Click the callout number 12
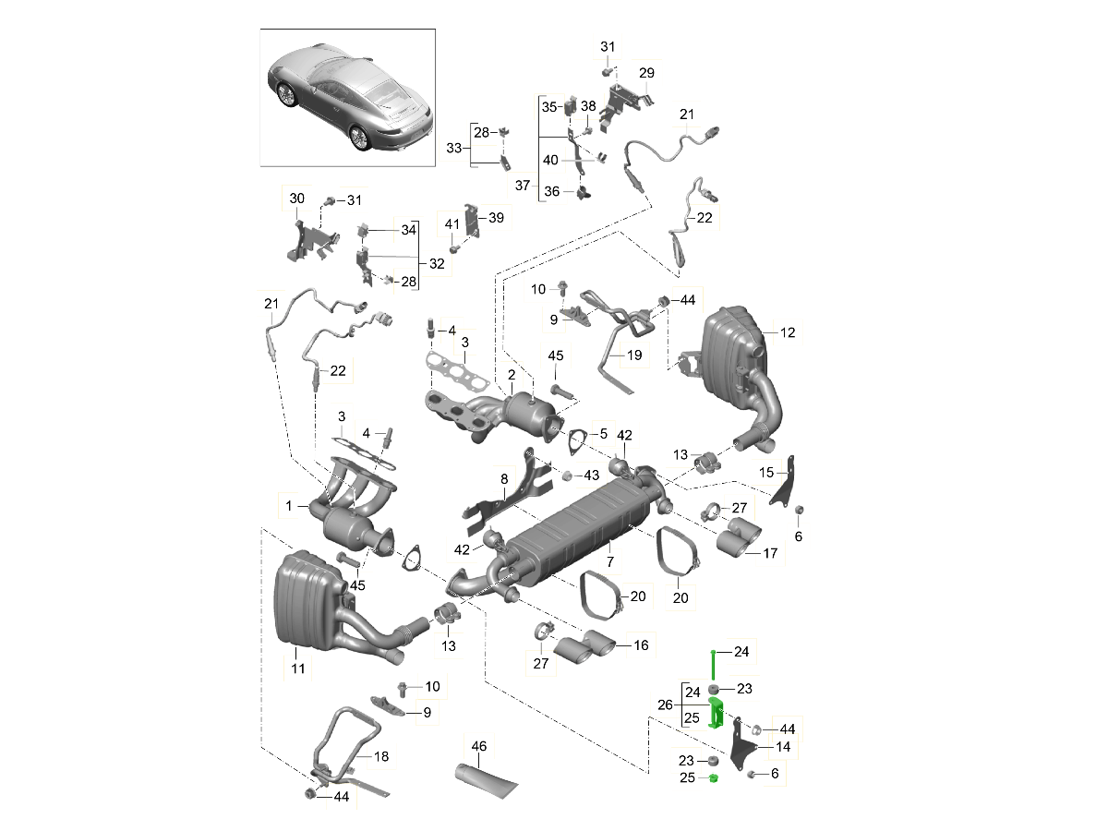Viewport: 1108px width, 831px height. coord(787,332)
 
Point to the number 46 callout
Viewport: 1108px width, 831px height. coord(478,746)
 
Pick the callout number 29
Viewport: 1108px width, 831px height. coord(646,73)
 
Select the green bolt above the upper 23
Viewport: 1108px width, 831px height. coord(714,663)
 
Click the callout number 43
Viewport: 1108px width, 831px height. coord(592,475)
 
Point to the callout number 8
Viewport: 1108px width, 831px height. coord(505,480)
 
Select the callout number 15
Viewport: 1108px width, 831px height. coord(766,473)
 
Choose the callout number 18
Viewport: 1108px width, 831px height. coord(381,756)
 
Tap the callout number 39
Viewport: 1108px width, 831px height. coord(496,217)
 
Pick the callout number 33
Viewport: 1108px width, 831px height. coord(453,148)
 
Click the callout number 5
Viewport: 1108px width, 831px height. coord(603,432)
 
